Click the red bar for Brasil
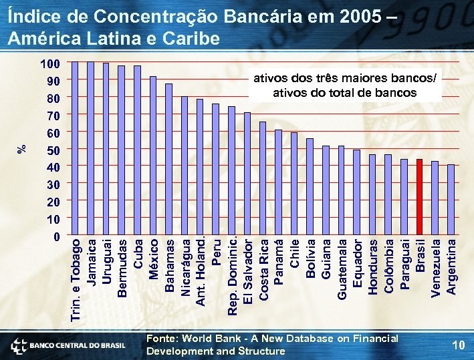419,198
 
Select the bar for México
153,156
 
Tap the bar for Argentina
451,200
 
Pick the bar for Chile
294,184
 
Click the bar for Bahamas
168,160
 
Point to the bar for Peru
215,170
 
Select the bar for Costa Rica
263,179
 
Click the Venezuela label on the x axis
435,267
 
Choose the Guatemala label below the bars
341,268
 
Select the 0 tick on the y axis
57,236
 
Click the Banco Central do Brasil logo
68,345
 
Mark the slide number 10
458,345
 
